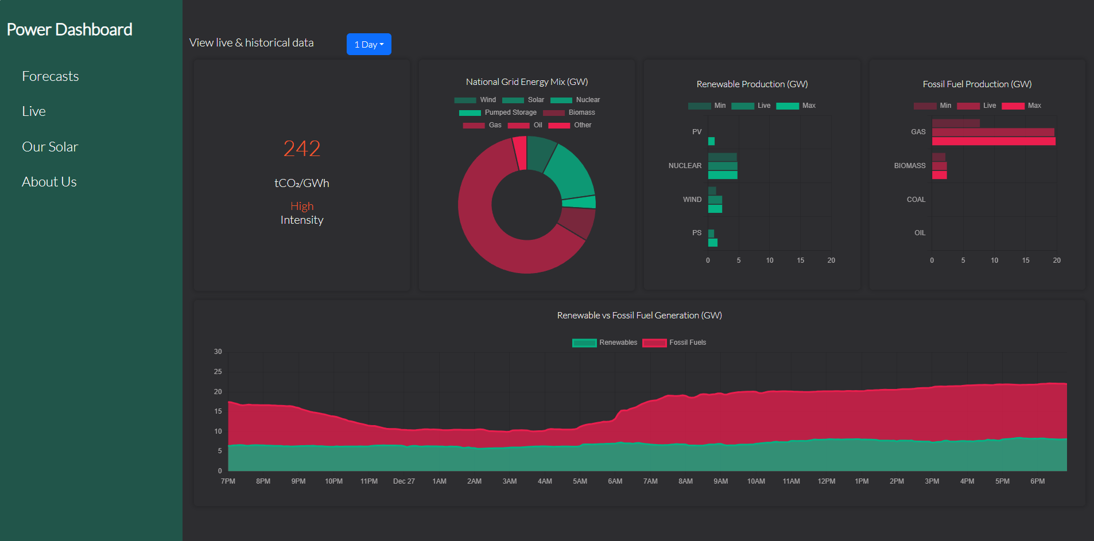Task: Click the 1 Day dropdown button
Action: point(368,44)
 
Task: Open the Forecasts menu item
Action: point(51,76)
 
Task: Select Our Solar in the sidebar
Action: point(50,147)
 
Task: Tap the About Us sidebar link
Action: point(49,182)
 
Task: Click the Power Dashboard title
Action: point(69,29)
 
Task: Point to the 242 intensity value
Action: point(302,149)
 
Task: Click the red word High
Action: point(302,206)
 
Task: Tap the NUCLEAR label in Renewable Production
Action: point(685,166)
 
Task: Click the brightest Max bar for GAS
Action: point(993,141)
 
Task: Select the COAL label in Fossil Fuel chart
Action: point(916,200)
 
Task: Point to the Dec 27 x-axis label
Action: point(404,481)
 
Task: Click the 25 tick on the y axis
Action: point(218,372)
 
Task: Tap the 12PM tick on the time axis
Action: point(827,481)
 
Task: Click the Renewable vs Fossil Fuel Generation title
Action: point(639,316)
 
